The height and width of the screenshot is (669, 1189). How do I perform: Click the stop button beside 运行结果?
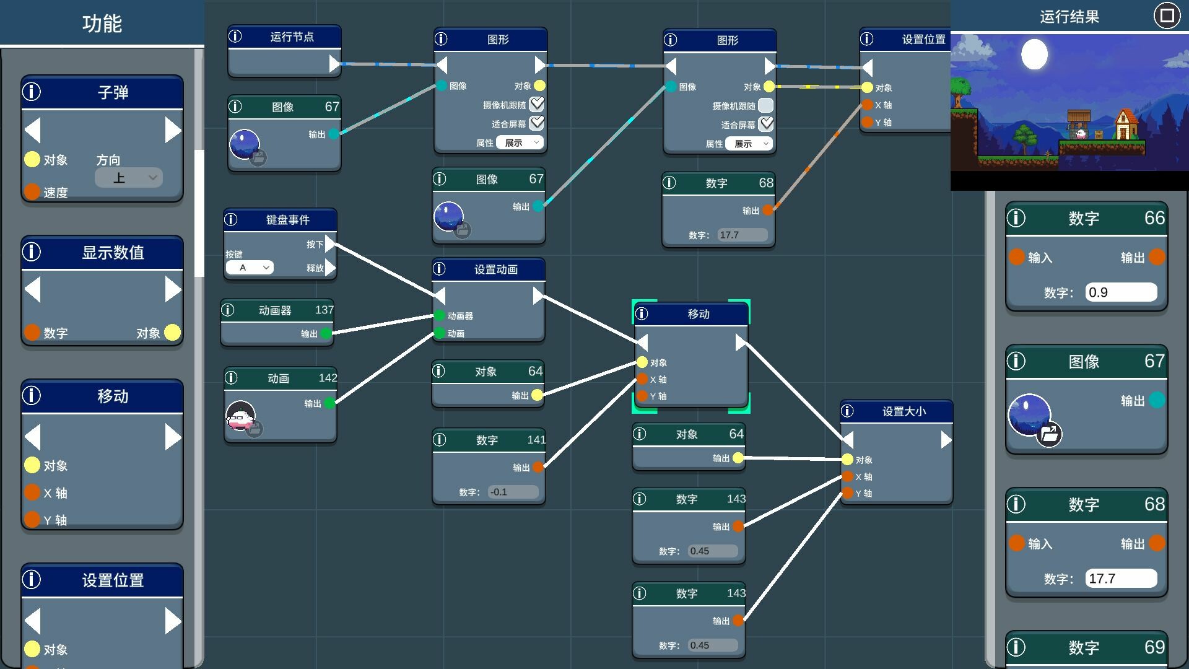click(1167, 15)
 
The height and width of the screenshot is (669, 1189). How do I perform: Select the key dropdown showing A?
click(250, 268)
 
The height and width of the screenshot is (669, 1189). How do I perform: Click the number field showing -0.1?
click(513, 492)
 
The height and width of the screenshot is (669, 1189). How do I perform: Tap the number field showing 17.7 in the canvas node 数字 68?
click(742, 235)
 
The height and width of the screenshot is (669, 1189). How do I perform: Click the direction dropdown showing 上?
click(129, 178)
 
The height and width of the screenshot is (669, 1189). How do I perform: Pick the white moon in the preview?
click(1034, 54)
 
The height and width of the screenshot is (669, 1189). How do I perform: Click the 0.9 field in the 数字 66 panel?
click(1120, 292)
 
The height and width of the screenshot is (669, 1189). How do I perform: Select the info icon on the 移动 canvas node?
click(642, 314)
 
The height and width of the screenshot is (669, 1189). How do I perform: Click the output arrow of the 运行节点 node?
click(334, 64)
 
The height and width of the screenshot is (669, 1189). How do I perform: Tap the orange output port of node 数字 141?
click(538, 468)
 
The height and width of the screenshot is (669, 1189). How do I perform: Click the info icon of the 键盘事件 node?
click(231, 219)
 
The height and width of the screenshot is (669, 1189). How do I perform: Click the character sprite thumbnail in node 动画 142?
click(241, 416)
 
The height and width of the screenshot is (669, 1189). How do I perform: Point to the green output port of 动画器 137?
click(326, 334)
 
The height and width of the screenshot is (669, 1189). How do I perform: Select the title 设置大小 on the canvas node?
click(904, 411)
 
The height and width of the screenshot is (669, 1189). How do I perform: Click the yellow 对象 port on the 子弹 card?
click(32, 160)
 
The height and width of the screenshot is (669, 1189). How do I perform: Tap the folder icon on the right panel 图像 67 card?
click(1049, 434)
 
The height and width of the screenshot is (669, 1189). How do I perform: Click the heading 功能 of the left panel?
click(102, 24)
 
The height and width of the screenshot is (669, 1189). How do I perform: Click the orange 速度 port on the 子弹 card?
click(32, 192)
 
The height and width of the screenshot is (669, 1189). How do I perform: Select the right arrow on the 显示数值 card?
click(173, 290)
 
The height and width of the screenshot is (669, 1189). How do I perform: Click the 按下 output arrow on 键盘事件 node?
click(330, 244)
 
